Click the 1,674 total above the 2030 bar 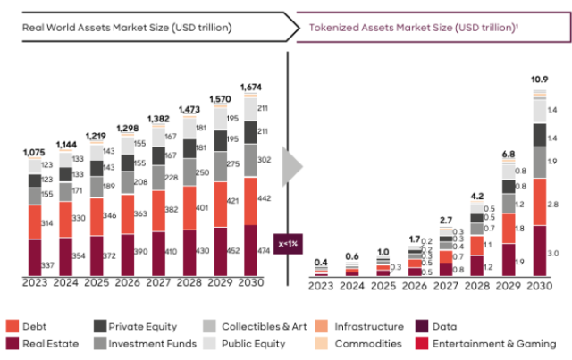pos(255,87)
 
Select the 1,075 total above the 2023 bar pos(35,152)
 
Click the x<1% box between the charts pos(289,244)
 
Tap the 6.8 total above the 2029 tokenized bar pos(509,154)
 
